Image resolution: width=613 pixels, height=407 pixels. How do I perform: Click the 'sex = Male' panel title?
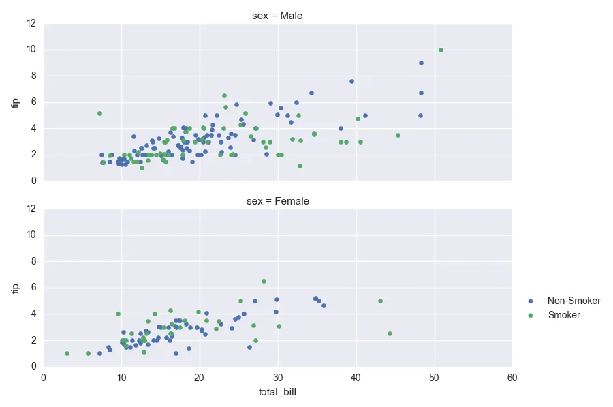click(277, 16)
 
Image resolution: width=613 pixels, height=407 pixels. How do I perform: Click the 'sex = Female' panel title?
click(277, 201)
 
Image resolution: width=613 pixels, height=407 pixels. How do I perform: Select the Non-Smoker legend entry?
click(573, 301)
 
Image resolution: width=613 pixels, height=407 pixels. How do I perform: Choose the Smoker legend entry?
click(564, 315)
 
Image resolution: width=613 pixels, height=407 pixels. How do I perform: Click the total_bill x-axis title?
click(277, 392)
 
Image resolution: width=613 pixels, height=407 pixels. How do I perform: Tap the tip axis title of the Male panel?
click(15, 102)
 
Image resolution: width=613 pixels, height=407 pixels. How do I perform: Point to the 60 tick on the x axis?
click(512, 377)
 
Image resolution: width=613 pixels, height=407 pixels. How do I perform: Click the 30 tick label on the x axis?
click(277, 377)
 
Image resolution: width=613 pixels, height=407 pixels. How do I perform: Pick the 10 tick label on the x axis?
click(121, 377)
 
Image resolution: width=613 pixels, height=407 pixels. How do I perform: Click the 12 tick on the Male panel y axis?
click(31, 23)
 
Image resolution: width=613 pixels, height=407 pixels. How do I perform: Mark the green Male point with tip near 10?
click(441, 50)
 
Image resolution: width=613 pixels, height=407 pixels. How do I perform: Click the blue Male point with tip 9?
click(421, 63)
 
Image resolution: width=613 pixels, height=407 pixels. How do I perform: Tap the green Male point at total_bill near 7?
click(99, 113)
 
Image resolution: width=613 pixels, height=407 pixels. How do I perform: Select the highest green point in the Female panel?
click(264, 281)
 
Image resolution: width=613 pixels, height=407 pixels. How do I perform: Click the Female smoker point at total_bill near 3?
click(67, 353)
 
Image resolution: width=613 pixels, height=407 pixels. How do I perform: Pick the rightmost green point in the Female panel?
click(390, 333)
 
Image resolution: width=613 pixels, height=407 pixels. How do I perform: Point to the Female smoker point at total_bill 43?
click(380, 301)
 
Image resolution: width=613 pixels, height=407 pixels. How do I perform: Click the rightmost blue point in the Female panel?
click(324, 306)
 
